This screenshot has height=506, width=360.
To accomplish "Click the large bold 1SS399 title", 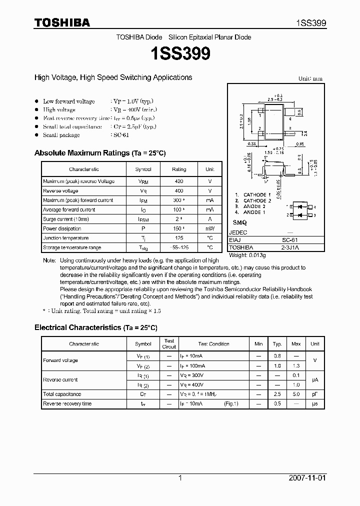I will pyautogui.click(x=179, y=54).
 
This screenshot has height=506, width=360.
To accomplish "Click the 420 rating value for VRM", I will pyautogui.click(x=178, y=181).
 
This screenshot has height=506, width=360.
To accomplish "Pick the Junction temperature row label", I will pyautogui.click(x=65, y=238).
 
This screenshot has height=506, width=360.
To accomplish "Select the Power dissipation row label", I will pyautogui.click(x=62, y=229).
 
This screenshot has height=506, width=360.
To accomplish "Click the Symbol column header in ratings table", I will pyautogui.click(x=143, y=169).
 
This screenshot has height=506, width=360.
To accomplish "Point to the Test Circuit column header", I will pyautogui.click(x=169, y=344).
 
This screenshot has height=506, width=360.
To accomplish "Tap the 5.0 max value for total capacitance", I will pyautogui.click(x=296, y=394).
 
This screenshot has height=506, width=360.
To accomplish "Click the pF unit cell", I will pyautogui.click(x=314, y=394).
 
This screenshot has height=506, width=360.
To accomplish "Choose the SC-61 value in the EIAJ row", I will pyautogui.click(x=289, y=240).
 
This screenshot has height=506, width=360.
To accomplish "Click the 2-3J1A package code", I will pyautogui.click(x=289, y=247).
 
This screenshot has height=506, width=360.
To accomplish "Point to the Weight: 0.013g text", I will pyautogui.click(x=247, y=255).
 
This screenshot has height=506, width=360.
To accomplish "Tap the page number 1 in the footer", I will pyautogui.click(x=180, y=478).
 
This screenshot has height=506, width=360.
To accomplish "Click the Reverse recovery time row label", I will pyautogui.click(x=67, y=403).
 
